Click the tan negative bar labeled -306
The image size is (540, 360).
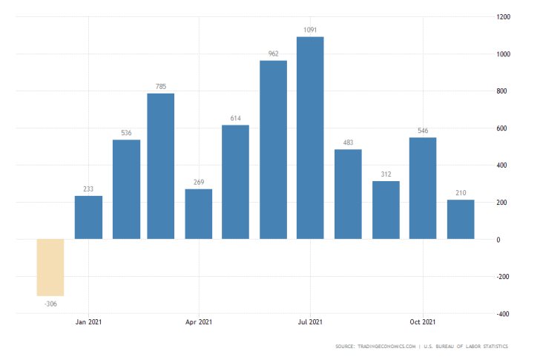click(50, 267)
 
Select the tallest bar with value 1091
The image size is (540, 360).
click(310, 138)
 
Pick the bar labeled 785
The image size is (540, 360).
click(161, 166)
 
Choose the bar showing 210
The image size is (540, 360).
click(460, 220)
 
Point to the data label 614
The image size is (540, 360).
click(235, 118)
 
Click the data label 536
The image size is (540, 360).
click(126, 133)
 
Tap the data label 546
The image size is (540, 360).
click(423, 131)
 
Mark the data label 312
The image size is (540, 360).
click(386, 174)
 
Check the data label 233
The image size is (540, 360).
click(88, 189)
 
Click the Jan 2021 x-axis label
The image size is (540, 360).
click(88, 322)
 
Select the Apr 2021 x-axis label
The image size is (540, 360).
click(199, 322)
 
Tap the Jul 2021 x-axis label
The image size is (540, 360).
click(310, 322)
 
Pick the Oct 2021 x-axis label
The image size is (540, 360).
click(423, 322)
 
